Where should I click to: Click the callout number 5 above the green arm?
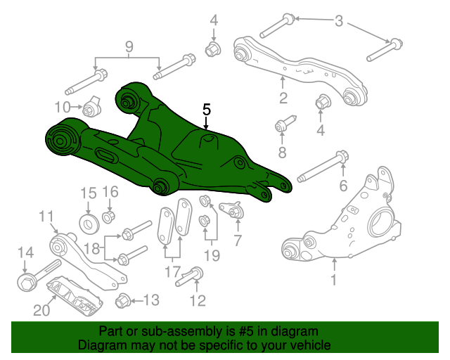[206, 110]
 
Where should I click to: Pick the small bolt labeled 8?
[283, 127]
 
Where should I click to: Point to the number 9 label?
[129, 47]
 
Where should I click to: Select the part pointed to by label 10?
[91, 108]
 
